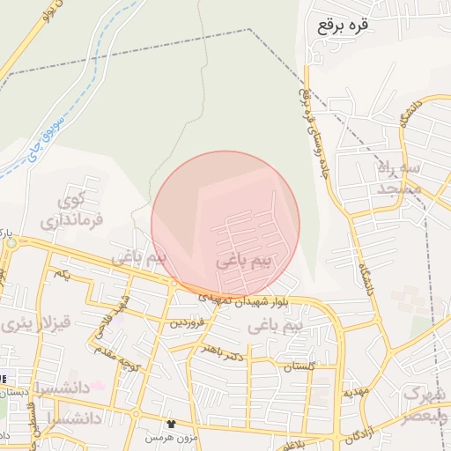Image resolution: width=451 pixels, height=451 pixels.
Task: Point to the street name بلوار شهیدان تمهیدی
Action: point(229,297)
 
